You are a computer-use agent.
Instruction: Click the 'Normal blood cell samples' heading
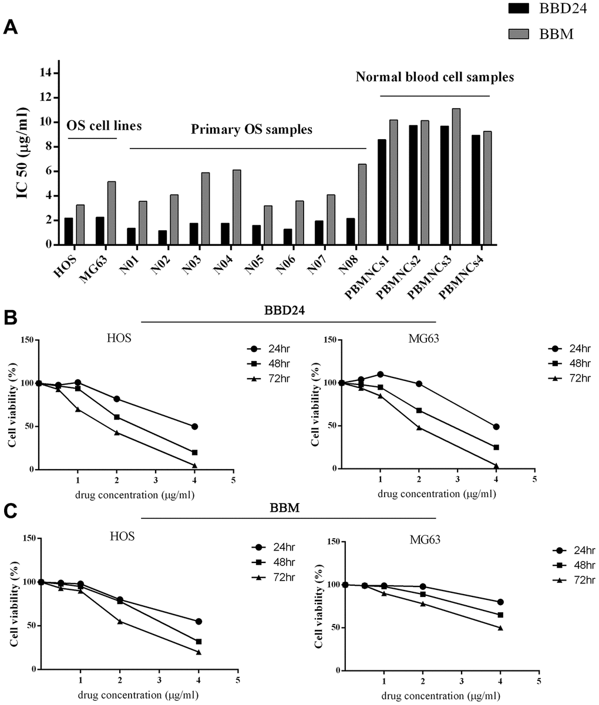pos(435,77)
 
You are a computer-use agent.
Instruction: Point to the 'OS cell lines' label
pos(104,126)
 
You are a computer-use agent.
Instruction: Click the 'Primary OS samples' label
pos(251,130)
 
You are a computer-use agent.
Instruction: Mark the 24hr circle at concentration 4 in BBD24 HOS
pos(194,426)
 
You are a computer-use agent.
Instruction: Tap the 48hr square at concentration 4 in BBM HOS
pos(198,642)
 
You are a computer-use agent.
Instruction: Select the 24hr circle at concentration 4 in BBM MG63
pos(500,602)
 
